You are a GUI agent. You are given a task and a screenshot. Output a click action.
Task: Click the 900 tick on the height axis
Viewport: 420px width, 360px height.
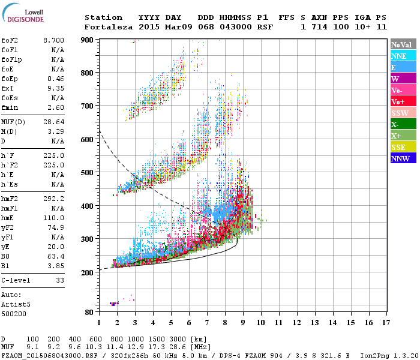coord(88,40)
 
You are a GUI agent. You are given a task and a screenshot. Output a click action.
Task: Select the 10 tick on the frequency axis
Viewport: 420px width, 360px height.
coord(260,322)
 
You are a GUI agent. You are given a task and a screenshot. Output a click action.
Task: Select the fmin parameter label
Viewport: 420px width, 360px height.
coord(11,107)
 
